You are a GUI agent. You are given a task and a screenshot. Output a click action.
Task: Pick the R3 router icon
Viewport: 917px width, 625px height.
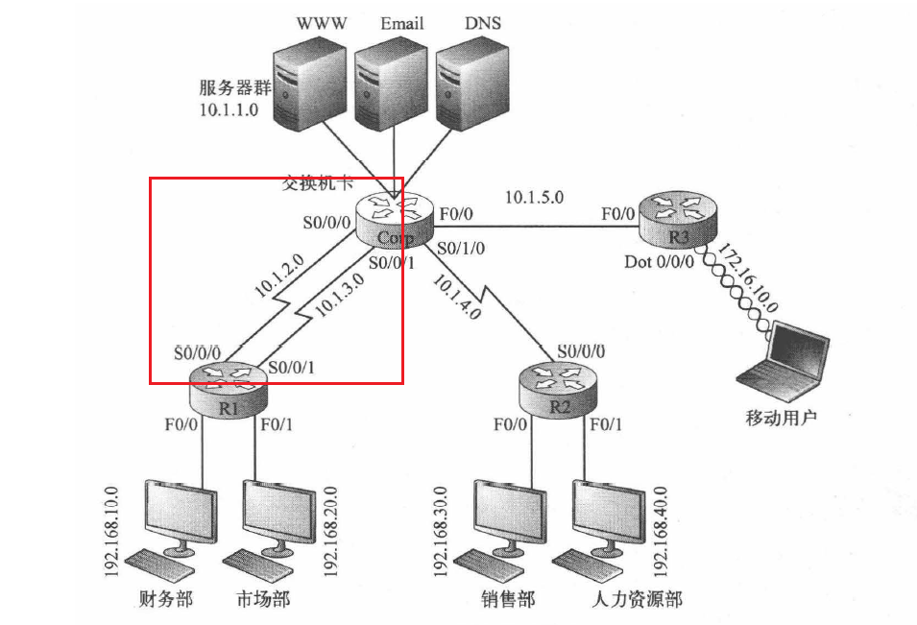[679, 219]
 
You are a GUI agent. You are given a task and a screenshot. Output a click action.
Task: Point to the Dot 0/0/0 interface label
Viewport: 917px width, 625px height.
[659, 261]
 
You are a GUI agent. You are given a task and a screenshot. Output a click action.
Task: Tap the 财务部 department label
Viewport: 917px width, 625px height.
[167, 599]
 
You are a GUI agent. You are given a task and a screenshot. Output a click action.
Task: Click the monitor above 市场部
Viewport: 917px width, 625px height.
[278, 513]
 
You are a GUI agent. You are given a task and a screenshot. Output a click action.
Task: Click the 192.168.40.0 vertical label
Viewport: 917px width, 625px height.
[661, 530]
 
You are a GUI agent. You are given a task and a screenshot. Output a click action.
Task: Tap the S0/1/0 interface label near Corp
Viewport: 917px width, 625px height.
[461, 248]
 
